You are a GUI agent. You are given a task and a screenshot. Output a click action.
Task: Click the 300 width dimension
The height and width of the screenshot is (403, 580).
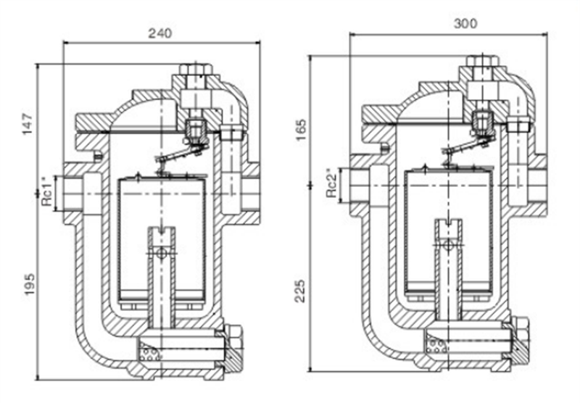pyautogui.click(x=465, y=24)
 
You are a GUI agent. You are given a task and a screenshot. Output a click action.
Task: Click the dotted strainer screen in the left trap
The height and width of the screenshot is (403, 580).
pyautogui.click(x=151, y=356)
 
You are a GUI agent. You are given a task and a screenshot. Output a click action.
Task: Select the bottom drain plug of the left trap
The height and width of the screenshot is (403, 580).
pyautogui.click(x=235, y=349)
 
